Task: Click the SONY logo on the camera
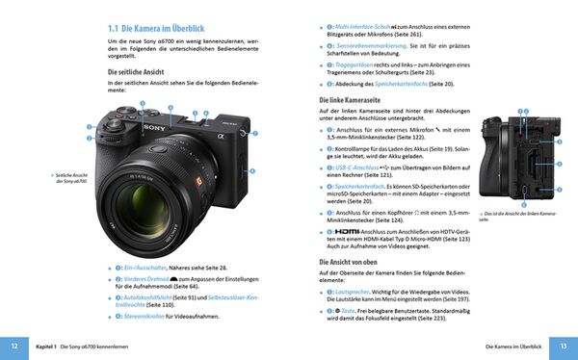coord(152,124)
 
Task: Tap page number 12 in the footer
coord(13,346)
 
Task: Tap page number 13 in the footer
coord(564,346)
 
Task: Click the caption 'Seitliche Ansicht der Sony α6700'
coord(73,176)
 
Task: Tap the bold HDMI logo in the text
coord(341,232)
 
